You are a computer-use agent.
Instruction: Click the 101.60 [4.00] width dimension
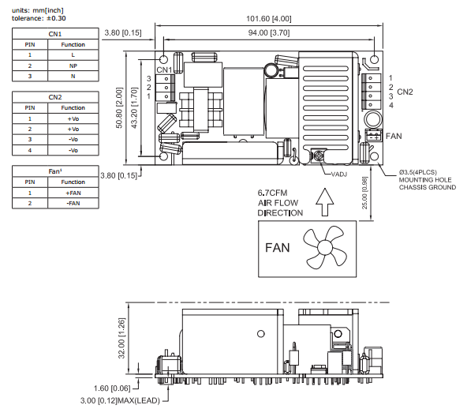click(269, 19)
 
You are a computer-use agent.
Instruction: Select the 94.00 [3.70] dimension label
click(269, 33)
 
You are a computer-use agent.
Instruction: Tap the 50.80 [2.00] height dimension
click(119, 108)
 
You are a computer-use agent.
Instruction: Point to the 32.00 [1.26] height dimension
click(121, 338)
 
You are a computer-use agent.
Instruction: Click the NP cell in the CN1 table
click(73, 66)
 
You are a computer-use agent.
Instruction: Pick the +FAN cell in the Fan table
click(73, 193)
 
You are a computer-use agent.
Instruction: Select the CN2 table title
click(55, 97)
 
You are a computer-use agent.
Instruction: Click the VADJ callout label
click(339, 174)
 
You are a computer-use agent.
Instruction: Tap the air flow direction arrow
click(325, 202)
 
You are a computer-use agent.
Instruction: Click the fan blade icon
click(325, 247)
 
